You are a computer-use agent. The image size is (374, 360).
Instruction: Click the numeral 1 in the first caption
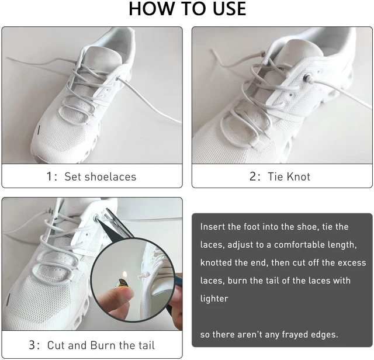coord(49,176)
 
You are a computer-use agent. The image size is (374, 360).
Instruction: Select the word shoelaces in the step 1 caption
coord(100,176)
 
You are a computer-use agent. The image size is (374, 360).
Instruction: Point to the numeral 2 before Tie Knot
coord(252,176)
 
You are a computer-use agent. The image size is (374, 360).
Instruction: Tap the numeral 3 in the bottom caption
coord(32,345)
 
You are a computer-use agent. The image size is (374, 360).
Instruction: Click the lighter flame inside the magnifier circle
coord(124,275)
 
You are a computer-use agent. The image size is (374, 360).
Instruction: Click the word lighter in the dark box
coord(214,299)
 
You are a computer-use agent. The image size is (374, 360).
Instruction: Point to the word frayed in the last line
coord(295,334)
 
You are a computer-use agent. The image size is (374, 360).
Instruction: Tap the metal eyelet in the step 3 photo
coord(96,217)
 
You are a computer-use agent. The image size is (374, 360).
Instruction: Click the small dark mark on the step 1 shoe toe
coord(39,130)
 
